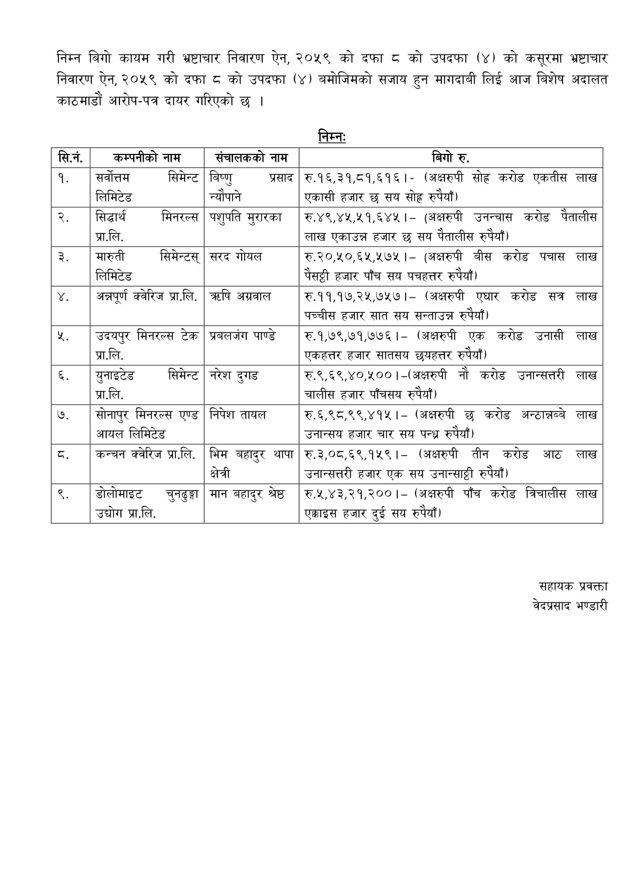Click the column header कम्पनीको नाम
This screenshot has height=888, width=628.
click(x=147, y=158)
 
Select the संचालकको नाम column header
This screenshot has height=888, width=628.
click(x=251, y=158)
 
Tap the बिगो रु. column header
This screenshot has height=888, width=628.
click(x=451, y=158)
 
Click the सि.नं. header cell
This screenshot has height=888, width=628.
click(x=70, y=158)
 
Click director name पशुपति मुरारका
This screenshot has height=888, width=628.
click(x=246, y=217)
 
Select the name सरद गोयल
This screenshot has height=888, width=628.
click(x=236, y=257)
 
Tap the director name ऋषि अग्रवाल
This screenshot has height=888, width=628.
click(x=240, y=296)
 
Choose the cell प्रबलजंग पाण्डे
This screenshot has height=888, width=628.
click(x=243, y=336)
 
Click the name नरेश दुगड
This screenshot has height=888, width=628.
click(x=234, y=376)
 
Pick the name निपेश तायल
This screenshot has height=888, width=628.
click(x=238, y=415)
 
